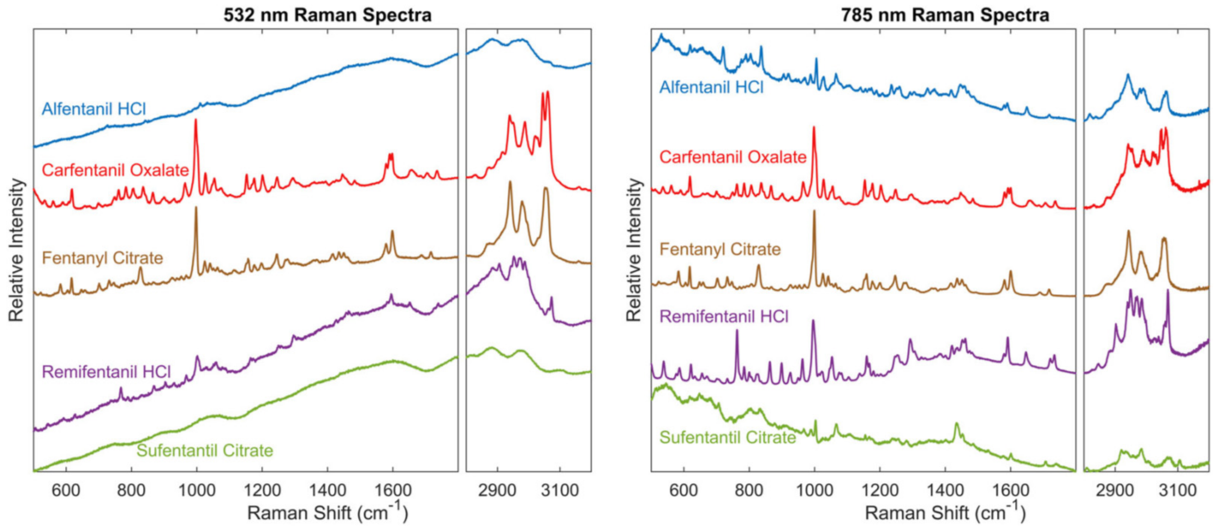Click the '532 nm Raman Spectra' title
coord(327,15)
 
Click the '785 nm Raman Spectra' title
coord(945,15)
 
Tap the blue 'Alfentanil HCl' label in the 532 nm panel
coord(94,109)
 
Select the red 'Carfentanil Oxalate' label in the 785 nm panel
coord(733,157)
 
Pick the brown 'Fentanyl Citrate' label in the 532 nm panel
coord(102,258)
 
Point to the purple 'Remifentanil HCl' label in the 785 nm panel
coord(724,316)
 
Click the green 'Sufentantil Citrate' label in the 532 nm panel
coord(205,450)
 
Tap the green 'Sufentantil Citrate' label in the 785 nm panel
coord(727,437)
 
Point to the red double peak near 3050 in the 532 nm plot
coord(545,93)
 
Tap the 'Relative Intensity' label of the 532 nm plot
coord(16,250)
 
